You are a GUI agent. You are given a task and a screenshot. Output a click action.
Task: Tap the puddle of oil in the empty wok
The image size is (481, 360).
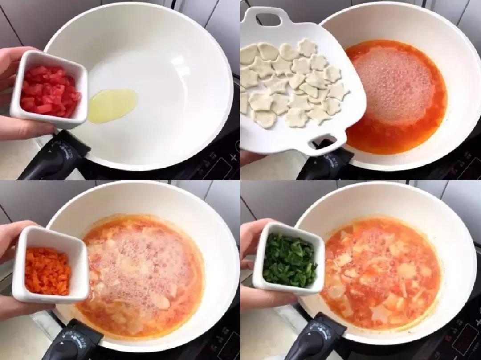[x=112, y=105]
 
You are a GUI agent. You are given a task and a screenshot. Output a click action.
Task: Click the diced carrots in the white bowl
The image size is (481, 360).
[x=48, y=271]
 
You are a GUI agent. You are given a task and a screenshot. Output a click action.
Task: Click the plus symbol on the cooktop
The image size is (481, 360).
[x=233, y=157]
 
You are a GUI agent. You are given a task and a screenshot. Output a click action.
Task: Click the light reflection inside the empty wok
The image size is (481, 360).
[x=183, y=67]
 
